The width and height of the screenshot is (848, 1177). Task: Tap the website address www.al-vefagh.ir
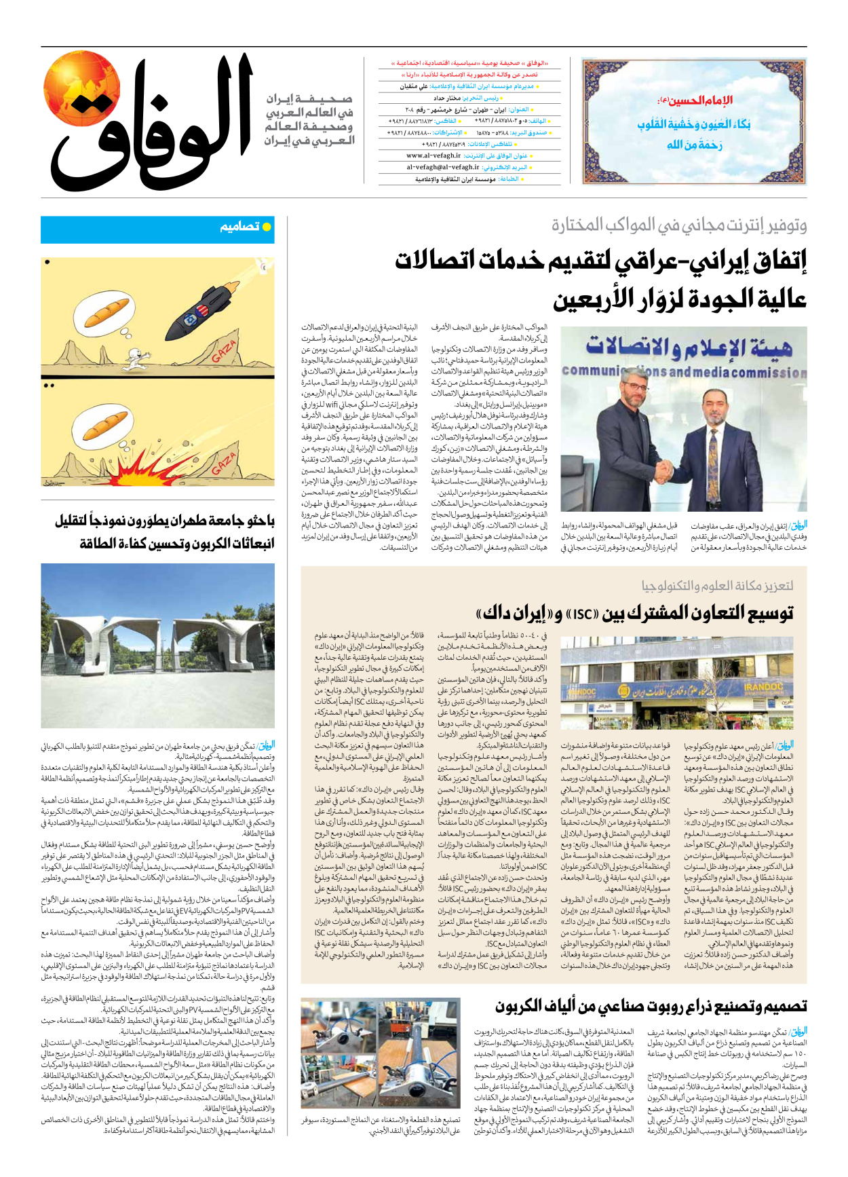click(433, 155)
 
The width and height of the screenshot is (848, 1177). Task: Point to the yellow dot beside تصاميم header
click(267, 227)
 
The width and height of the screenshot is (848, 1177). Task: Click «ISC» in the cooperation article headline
click(581, 614)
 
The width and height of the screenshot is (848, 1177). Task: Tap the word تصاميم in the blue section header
click(239, 227)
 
